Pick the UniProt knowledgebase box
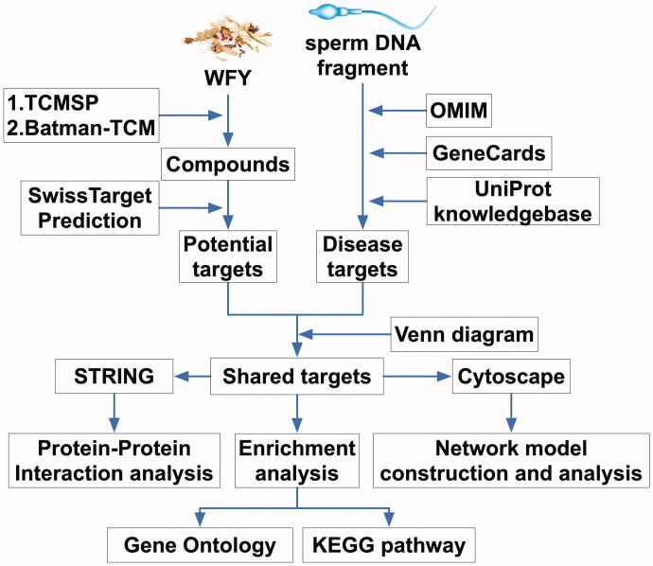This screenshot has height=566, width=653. [x=513, y=201]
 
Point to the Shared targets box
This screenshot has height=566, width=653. [x=298, y=377]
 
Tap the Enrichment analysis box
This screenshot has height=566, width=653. [x=298, y=457]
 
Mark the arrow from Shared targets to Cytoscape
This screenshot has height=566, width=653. [x=412, y=377]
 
